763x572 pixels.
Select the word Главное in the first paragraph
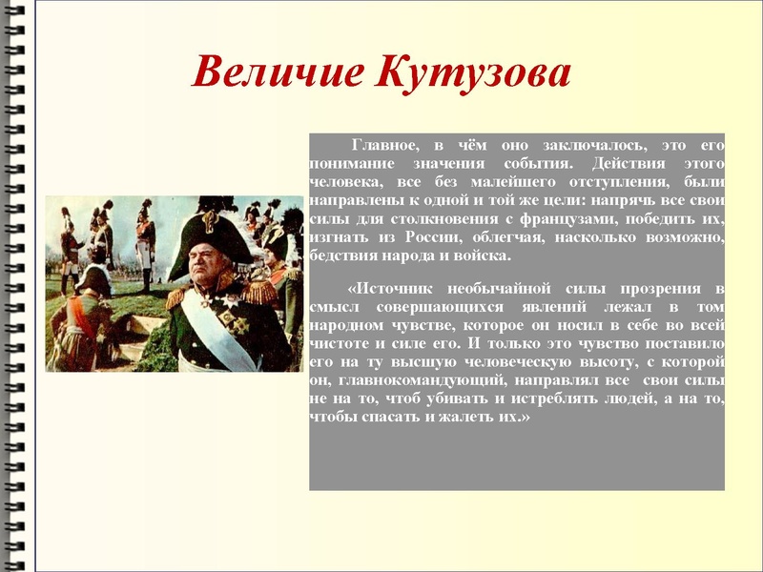pyautogui.click(x=385, y=145)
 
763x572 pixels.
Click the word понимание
pyautogui.click(x=350, y=162)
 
